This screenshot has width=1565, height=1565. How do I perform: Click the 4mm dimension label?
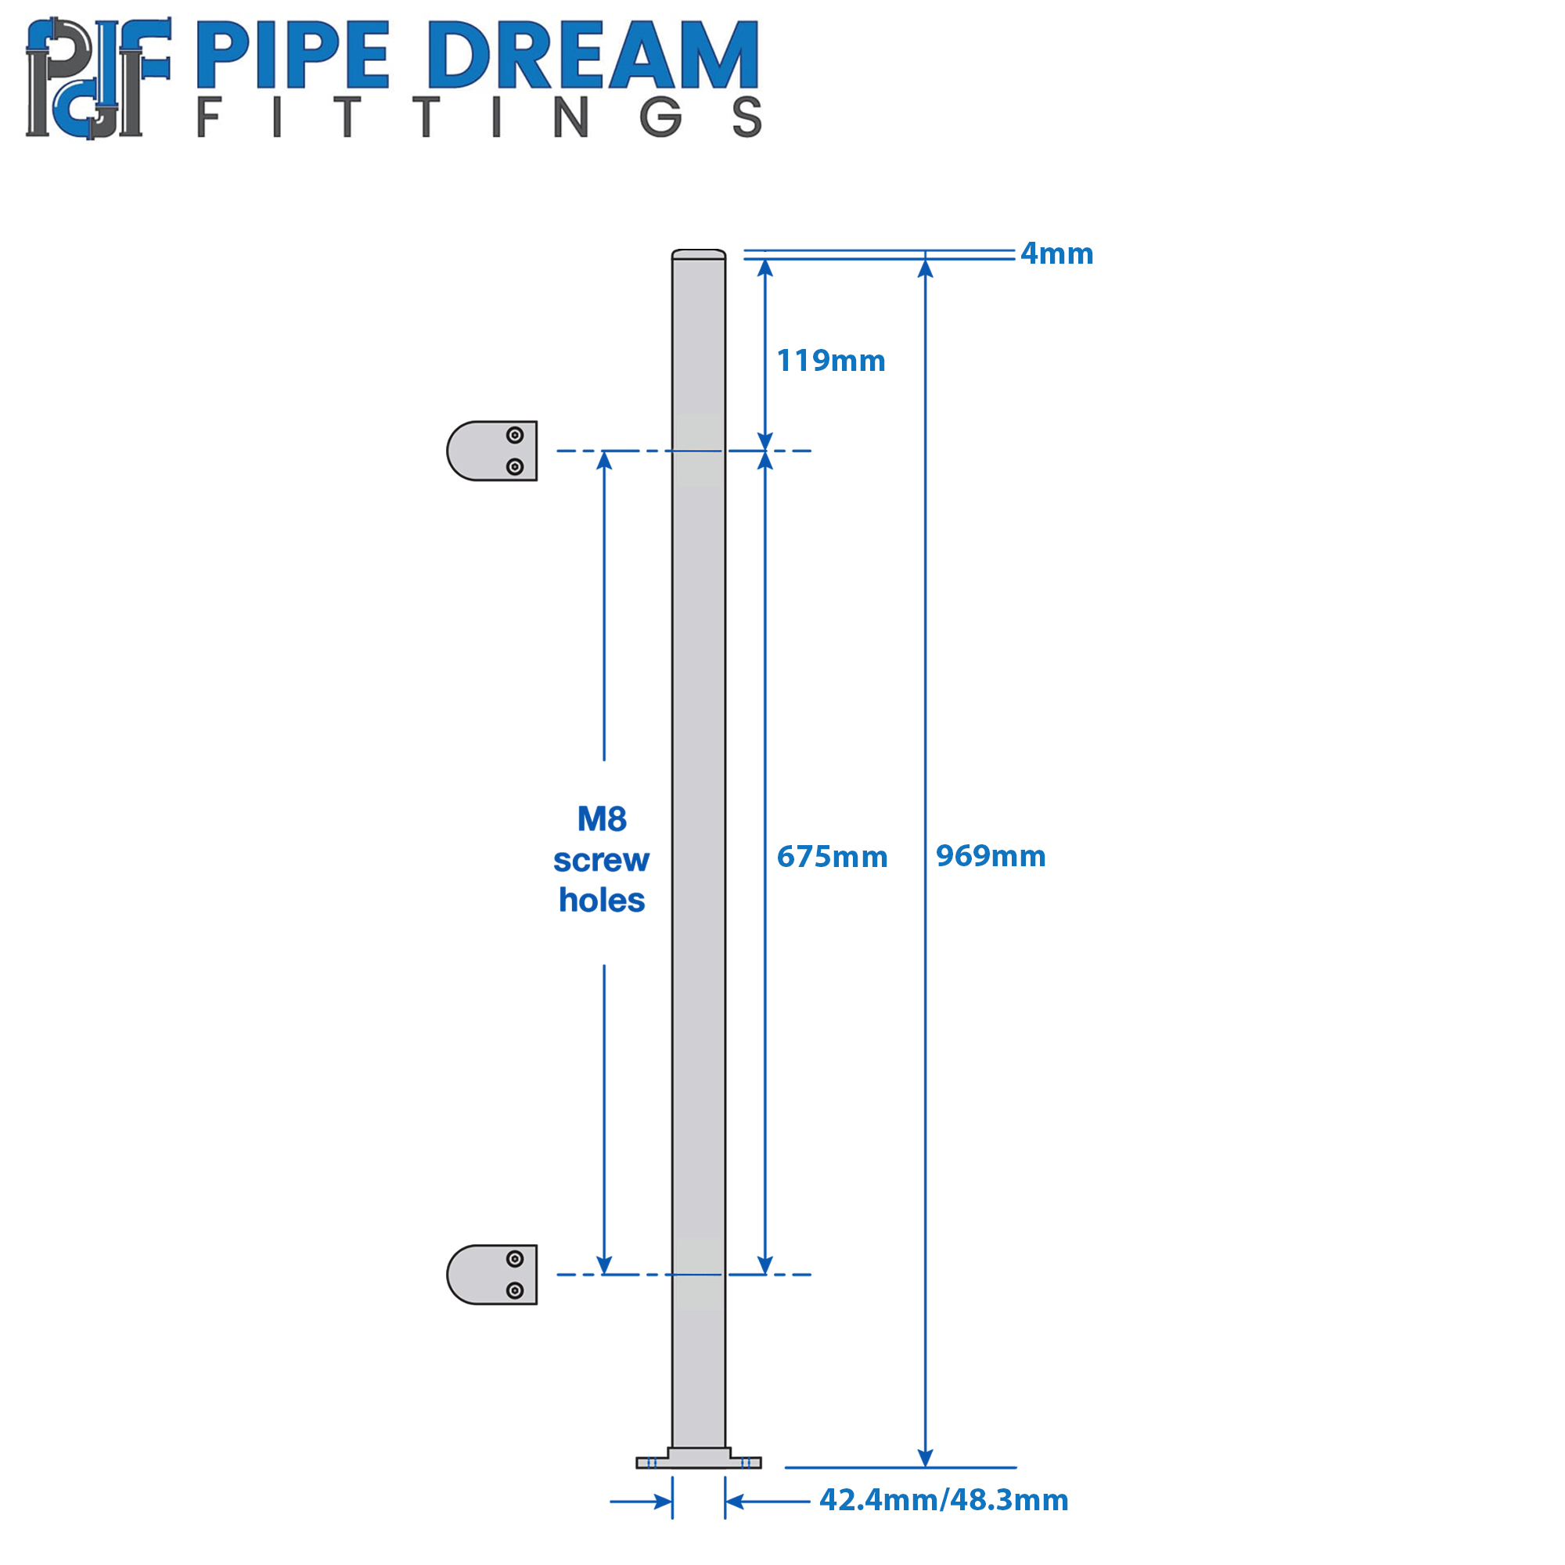[1056, 254]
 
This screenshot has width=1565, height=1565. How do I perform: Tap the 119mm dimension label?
[831, 361]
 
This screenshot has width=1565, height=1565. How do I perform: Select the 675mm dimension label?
[832, 856]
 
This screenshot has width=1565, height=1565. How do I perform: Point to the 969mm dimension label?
[991, 855]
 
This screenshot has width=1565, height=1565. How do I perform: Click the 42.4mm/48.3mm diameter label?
[944, 1499]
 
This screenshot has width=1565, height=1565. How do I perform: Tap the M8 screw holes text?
[602, 859]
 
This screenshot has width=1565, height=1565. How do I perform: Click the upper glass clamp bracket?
[491, 451]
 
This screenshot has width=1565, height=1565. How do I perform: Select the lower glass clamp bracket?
[491, 1274]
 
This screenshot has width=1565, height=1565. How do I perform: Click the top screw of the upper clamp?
[515, 435]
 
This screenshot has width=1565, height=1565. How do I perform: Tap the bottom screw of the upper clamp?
[515, 466]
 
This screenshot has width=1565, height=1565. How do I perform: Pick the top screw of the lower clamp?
[515, 1259]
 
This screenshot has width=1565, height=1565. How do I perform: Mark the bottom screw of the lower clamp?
[515, 1290]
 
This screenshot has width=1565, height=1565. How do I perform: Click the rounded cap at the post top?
[698, 254]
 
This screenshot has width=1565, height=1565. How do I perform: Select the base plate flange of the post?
[698, 1458]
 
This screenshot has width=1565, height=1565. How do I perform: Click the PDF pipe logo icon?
[98, 77]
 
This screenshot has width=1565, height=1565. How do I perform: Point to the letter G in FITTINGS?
[661, 117]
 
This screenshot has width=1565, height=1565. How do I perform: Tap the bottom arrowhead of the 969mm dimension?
[925, 1457]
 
